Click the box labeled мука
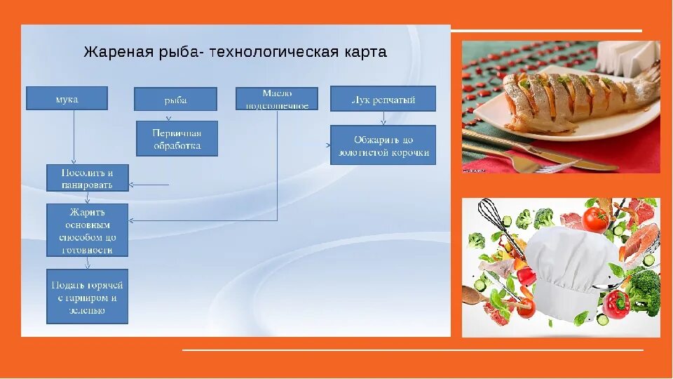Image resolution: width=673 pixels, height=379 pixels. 67,98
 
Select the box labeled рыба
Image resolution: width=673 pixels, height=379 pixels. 175,99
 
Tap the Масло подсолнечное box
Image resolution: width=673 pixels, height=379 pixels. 276,98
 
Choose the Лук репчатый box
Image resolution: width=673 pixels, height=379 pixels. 383,98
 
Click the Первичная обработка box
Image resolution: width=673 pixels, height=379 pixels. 177,138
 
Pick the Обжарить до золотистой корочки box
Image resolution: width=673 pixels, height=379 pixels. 383,145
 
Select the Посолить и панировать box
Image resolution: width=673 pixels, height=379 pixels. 88,178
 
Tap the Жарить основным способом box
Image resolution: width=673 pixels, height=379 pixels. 88,229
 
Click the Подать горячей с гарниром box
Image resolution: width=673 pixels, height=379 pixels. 88,296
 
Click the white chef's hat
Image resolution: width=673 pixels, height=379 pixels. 571,263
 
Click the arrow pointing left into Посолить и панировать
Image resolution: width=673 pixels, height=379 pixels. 149,185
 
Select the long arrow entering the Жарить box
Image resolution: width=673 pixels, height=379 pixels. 203,220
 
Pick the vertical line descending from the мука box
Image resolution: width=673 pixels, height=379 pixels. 74,137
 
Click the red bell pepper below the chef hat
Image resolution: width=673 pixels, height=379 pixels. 616,304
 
